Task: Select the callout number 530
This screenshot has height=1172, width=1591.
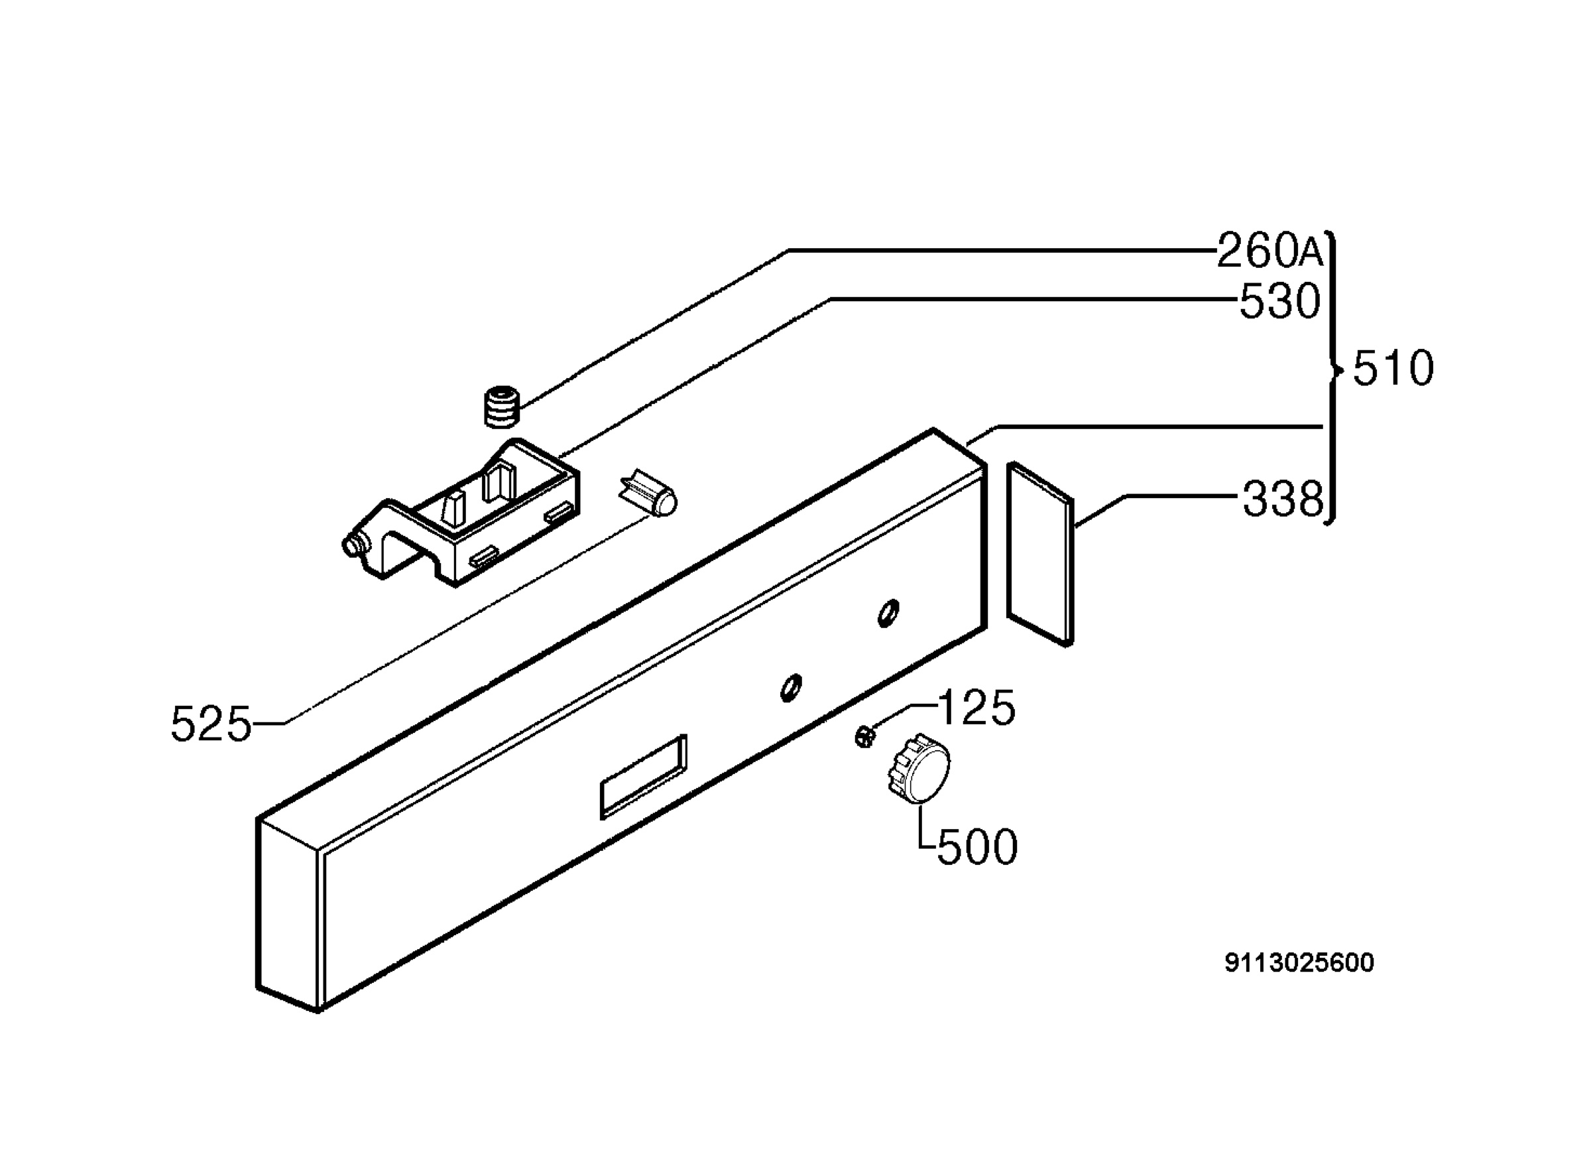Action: (x=1279, y=302)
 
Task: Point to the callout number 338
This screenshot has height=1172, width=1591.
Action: (x=1283, y=499)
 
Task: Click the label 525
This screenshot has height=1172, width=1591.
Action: (x=211, y=724)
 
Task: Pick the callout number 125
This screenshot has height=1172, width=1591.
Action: (x=976, y=707)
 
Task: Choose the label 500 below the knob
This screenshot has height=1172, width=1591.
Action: (x=977, y=847)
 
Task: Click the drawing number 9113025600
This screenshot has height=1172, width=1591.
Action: (x=1299, y=962)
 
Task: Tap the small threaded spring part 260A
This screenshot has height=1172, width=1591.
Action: (x=502, y=407)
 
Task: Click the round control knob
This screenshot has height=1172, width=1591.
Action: (x=917, y=769)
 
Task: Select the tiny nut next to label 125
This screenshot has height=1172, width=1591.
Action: (x=864, y=736)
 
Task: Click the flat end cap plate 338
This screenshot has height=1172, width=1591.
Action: (x=1040, y=553)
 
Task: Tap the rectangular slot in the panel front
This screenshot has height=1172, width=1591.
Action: (x=644, y=777)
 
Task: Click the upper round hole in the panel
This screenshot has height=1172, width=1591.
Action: (x=888, y=614)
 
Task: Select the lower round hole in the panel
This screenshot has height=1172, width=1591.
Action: (x=791, y=687)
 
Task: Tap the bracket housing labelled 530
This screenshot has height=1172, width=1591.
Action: (x=461, y=513)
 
